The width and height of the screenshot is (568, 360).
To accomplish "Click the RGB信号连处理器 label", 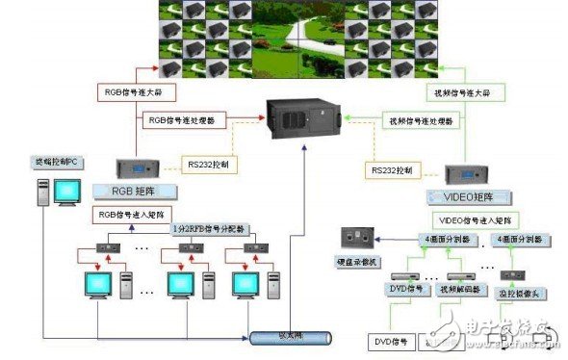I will click(183, 122).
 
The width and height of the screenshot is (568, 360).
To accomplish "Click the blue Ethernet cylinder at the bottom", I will click(288, 337).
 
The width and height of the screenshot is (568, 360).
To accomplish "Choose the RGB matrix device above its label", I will click(136, 168).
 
